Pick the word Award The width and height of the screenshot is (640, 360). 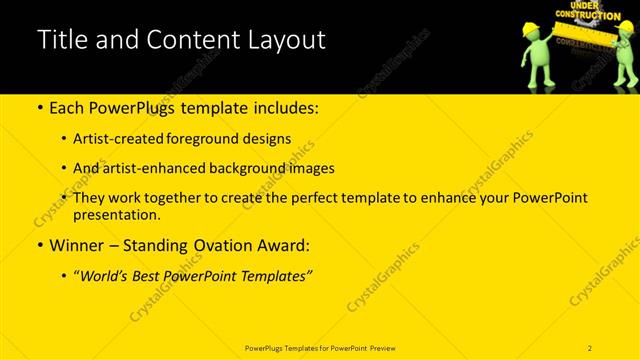point(285,245)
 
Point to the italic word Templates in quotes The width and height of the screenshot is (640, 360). point(277,275)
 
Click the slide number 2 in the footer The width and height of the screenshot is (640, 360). point(590,347)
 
